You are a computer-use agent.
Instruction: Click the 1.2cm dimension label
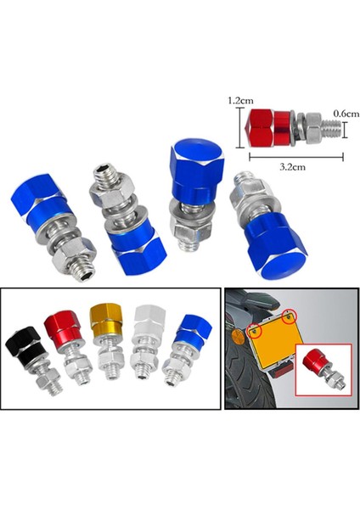click(x=240, y=100)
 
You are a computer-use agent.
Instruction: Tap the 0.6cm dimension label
click(x=346, y=114)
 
